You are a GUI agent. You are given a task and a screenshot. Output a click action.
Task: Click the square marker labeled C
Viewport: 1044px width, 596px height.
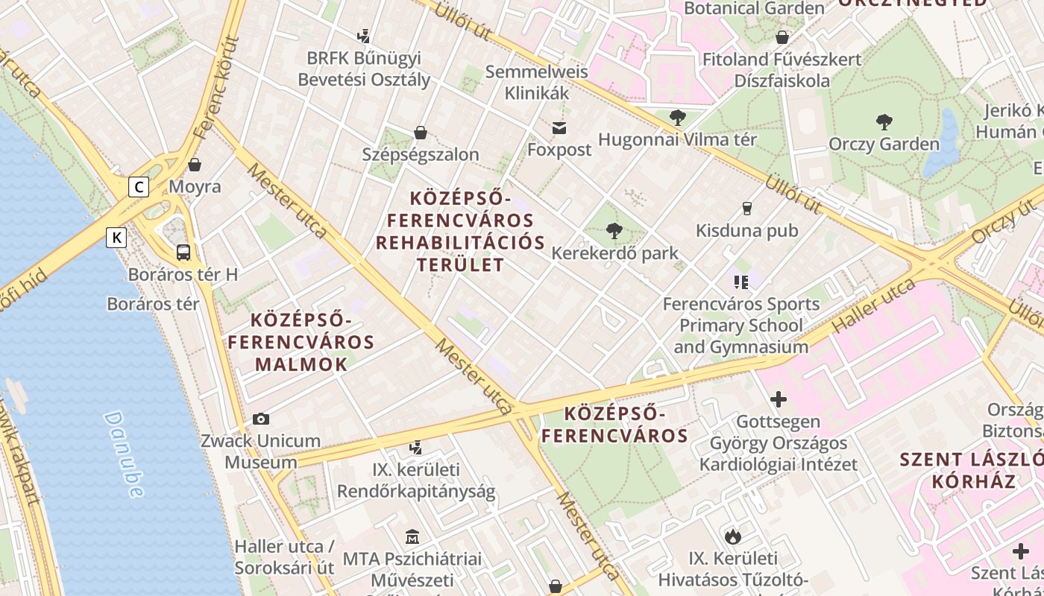(138, 186)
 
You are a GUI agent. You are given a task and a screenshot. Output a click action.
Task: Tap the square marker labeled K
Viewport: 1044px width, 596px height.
(116, 238)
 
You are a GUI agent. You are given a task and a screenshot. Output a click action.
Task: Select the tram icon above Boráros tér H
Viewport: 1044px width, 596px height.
(183, 252)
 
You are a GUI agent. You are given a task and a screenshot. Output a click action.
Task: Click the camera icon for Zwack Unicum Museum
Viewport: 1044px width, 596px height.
(261, 419)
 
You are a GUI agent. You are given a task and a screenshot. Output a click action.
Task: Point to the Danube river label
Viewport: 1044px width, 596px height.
(124, 454)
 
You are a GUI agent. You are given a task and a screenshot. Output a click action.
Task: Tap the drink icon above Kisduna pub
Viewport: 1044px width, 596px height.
(747, 209)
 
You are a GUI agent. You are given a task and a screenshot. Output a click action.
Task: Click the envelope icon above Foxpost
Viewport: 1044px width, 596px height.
(559, 128)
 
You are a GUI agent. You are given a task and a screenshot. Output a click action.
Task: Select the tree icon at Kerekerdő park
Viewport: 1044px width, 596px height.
(614, 231)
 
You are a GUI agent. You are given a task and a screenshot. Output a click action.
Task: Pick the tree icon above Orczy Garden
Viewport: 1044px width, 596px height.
(884, 121)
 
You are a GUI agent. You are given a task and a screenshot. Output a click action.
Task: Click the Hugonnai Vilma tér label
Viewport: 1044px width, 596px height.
(677, 139)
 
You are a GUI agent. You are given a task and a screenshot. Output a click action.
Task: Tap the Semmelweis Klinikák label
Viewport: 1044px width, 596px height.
(537, 83)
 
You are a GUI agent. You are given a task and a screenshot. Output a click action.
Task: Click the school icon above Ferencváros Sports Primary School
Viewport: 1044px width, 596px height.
(740, 282)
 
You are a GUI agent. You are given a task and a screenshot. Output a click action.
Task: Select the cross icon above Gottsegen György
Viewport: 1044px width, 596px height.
(779, 399)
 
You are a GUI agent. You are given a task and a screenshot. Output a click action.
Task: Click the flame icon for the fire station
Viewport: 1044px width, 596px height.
(733, 536)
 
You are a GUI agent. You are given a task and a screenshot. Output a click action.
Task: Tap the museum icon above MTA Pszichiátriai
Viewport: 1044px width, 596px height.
(412, 536)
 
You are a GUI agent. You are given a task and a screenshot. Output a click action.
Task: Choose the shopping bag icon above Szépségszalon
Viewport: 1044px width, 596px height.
(421, 133)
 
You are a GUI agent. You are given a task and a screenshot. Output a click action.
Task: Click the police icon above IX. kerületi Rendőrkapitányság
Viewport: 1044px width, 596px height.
(416, 448)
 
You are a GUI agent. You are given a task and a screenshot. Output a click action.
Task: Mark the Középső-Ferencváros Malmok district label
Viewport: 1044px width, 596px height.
(301, 342)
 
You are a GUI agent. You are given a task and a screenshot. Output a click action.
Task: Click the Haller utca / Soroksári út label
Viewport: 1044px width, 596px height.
(284, 557)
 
